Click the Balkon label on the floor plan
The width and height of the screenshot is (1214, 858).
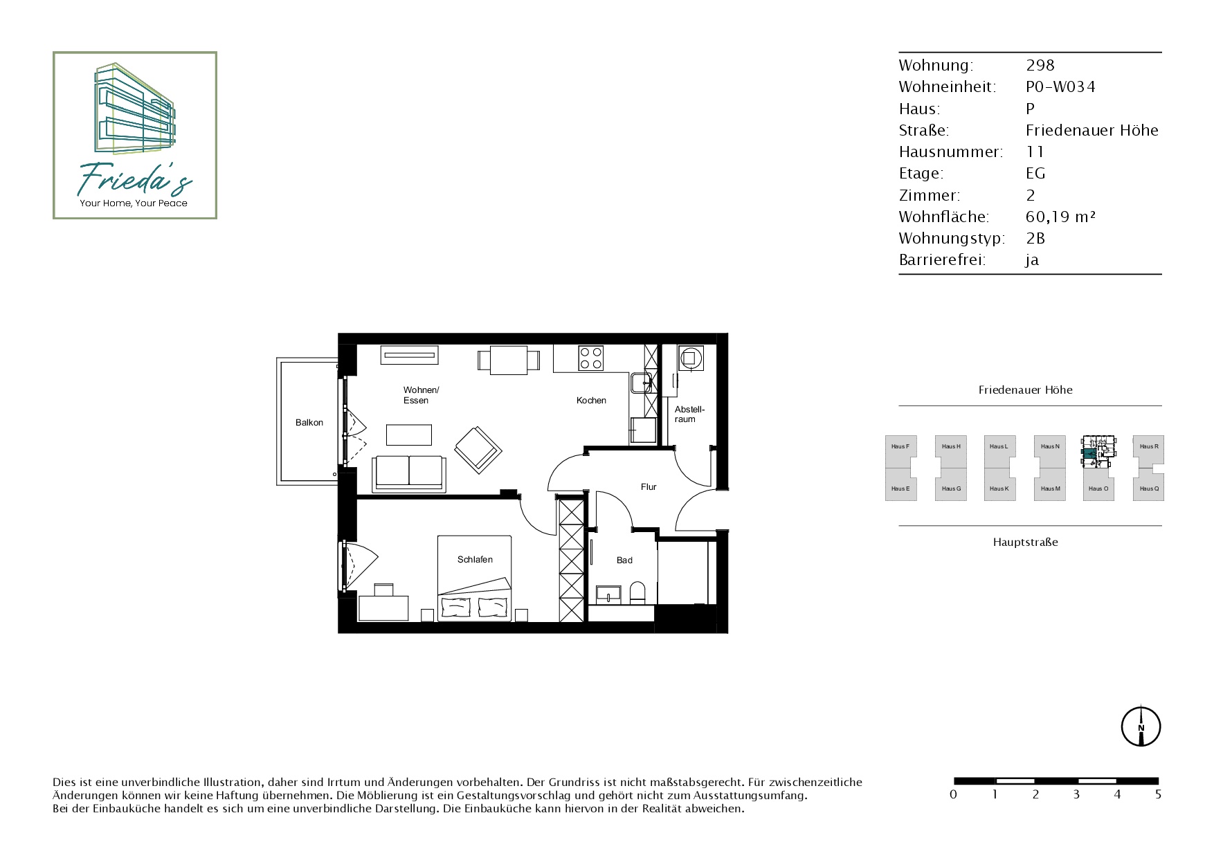(x=309, y=423)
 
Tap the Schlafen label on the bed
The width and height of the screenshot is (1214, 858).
(x=475, y=560)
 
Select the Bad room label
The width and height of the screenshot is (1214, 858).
(x=624, y=560)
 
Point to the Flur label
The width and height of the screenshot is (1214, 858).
(x=649, y=487)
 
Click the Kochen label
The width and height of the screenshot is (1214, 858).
(x=591, y=401)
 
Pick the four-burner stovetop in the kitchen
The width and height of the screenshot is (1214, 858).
(x=591, y=358)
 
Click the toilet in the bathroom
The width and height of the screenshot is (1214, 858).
(x=637, y=594)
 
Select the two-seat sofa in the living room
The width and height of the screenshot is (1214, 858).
(x=409, y=474)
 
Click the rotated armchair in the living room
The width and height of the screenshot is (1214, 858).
(x=478, y=450)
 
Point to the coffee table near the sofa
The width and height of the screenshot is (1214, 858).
(x=409, y=435)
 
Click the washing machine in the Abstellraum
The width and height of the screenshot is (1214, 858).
(x=690, y=358)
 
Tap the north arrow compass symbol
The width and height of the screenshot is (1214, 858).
(x=1141, y=727)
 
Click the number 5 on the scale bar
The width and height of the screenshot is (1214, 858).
(x=1158, y=794)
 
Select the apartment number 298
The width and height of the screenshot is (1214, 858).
(x=1040, y=65)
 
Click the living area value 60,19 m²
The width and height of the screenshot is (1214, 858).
(x=1060, y=217)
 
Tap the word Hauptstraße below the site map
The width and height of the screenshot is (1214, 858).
(x=1025, y=542)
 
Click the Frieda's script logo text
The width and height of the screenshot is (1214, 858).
(x=134, y=179)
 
